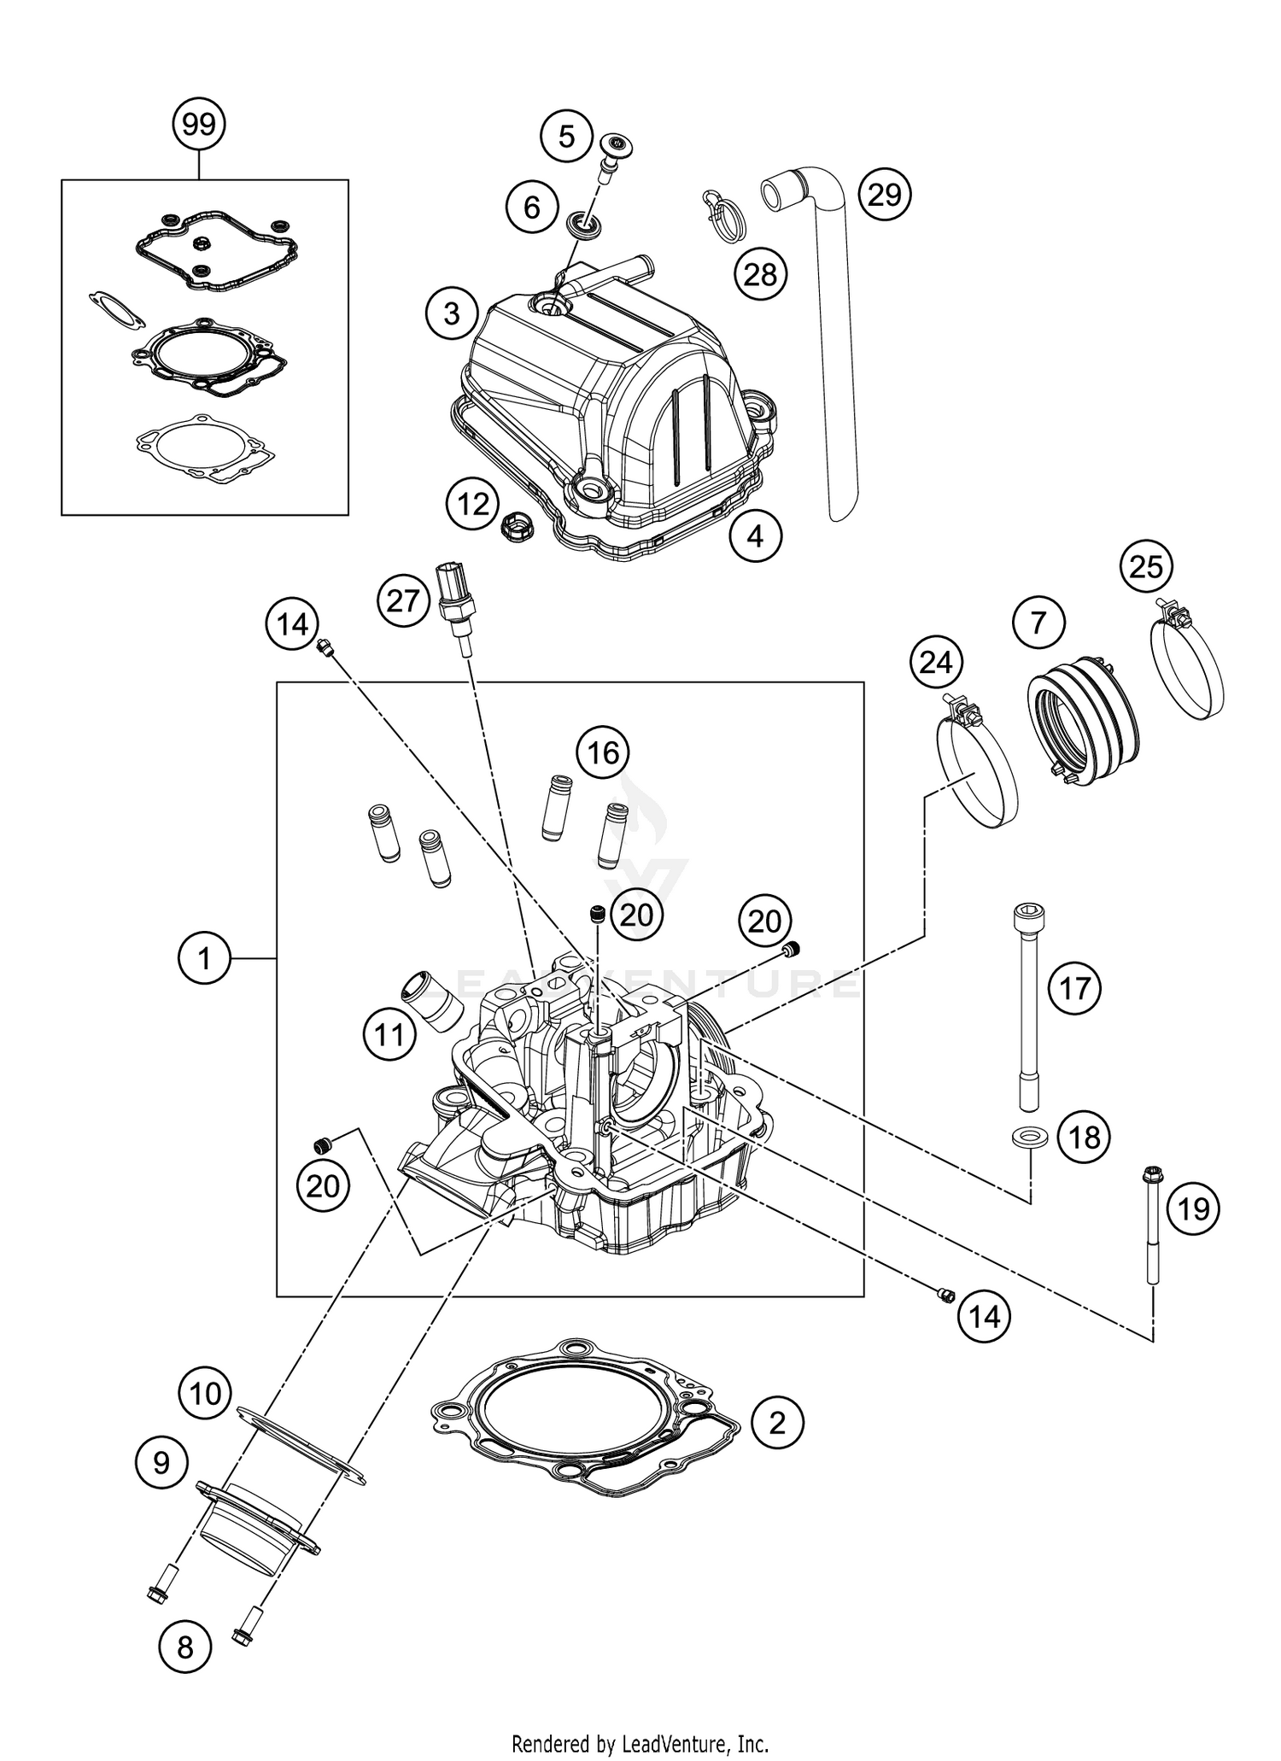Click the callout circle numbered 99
[199, 126]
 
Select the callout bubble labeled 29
[884, 194]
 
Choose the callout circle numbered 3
[452, 313]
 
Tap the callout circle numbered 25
[1145, 566]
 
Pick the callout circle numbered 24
[936, 663]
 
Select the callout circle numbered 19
[1193, 1208]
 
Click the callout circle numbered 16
[602, 752]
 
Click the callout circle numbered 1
[204, 959]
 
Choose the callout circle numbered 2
[777, 1423]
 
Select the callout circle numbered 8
[184, 1647]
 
